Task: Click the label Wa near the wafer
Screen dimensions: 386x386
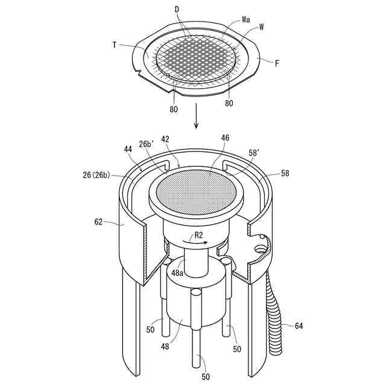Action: (x=245, y=19)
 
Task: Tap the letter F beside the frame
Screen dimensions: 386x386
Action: (x=277, y=63)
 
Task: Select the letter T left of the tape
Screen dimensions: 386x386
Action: (x=115, y=45)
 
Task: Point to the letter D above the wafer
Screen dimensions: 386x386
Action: (x=177, y=10)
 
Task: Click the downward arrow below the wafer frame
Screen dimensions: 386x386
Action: (x=196, y=116)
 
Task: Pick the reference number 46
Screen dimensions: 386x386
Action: (x=225, y=138)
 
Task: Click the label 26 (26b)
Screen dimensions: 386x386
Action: (x=96, y=175)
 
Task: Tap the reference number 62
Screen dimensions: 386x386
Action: (x=98, y=222)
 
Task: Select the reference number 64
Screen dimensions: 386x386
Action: (x=299, y=326)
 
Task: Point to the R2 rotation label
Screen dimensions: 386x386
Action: (x=198, y=235)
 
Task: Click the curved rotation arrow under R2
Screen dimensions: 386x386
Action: (x=195, y=242)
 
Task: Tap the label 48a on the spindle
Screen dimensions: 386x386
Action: (x=177, y=273)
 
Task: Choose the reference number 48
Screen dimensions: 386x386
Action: (x=165, y=347)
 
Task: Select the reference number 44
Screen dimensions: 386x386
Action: (x=128, y=149)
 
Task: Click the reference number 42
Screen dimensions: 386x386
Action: (x=165, y=139)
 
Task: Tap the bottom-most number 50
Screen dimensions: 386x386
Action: (x=206, y=376)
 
